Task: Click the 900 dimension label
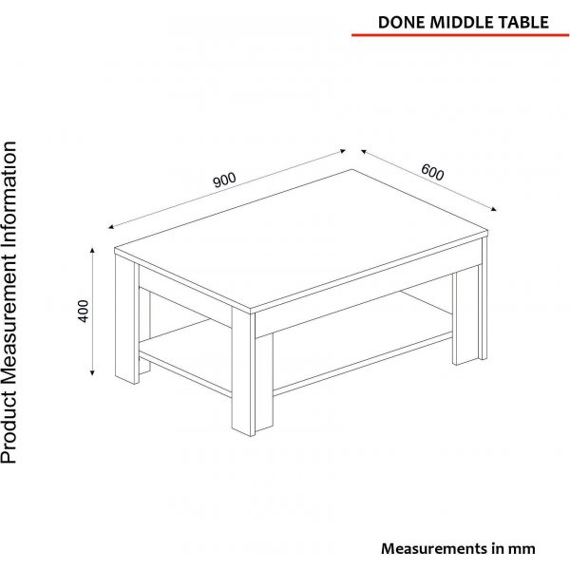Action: tap(224, 180)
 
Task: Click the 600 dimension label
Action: tap(432, 172)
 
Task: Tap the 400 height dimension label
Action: tap(84, 311)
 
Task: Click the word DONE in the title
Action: tap(401, 22)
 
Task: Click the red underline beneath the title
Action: tap(460, 35)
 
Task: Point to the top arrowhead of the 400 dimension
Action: tap(92, 250)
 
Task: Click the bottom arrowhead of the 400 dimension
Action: tap(92, 372)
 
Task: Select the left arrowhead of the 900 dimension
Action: tap(111, 227)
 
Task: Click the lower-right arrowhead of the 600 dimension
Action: tap(494, 209)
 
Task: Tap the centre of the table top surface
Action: tap(301, 240)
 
